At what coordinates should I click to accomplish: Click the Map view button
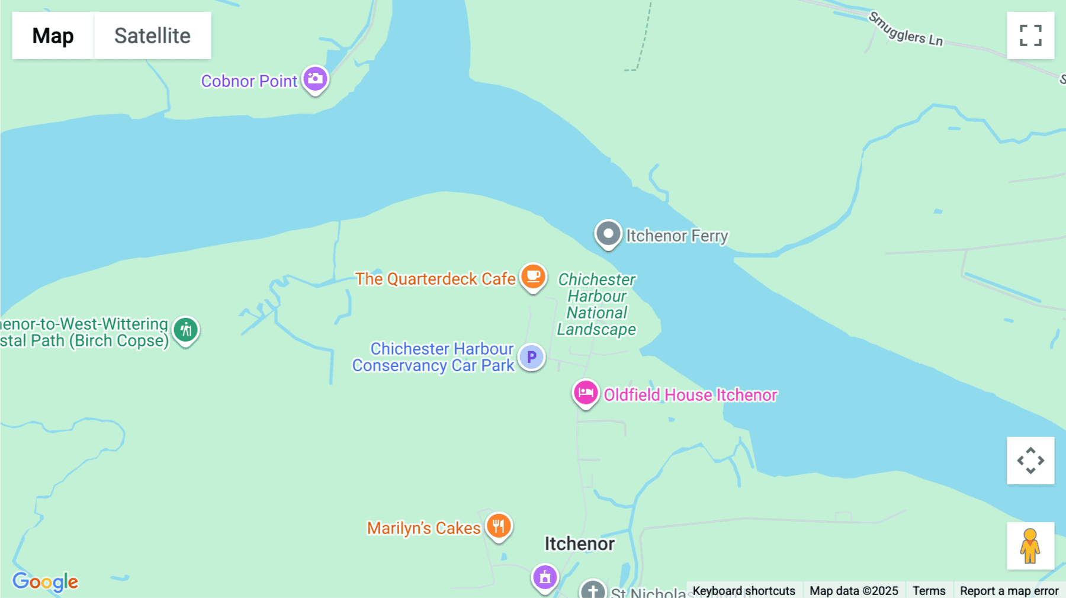(x=53, y=36)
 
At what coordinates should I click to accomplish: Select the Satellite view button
(x=152, y=36)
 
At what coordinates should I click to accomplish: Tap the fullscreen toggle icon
(x=1030, y=36)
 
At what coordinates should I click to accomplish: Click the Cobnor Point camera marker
(x=315, y=79)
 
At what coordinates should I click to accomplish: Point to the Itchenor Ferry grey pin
(x=608, y=234)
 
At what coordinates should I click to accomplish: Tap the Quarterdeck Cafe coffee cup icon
(x=533, y=277)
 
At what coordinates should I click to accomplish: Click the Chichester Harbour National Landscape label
(x=596, y=304)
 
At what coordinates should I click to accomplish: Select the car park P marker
(x=531, y=357)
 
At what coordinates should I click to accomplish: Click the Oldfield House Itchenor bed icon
(x=586, y=393)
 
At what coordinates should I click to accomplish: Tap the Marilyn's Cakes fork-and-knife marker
(x=499, y=526)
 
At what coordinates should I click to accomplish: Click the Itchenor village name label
(x=579, y=544)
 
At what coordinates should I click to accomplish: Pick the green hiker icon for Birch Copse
(x=186, y=330)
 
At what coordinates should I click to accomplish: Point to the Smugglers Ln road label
(x=906, y=30)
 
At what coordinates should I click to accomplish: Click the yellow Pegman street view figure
(x=1030, y=545)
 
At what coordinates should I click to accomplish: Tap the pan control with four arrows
(x=1030, y=461)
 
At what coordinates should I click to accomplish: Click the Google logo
(x=45, y=581)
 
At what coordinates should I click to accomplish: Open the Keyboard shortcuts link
(x=744, y=591)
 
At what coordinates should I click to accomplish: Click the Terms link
(x=929, y=591)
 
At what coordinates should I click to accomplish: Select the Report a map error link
(x=1009, y=591)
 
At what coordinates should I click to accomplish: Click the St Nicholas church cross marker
(x=593, y=590)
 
